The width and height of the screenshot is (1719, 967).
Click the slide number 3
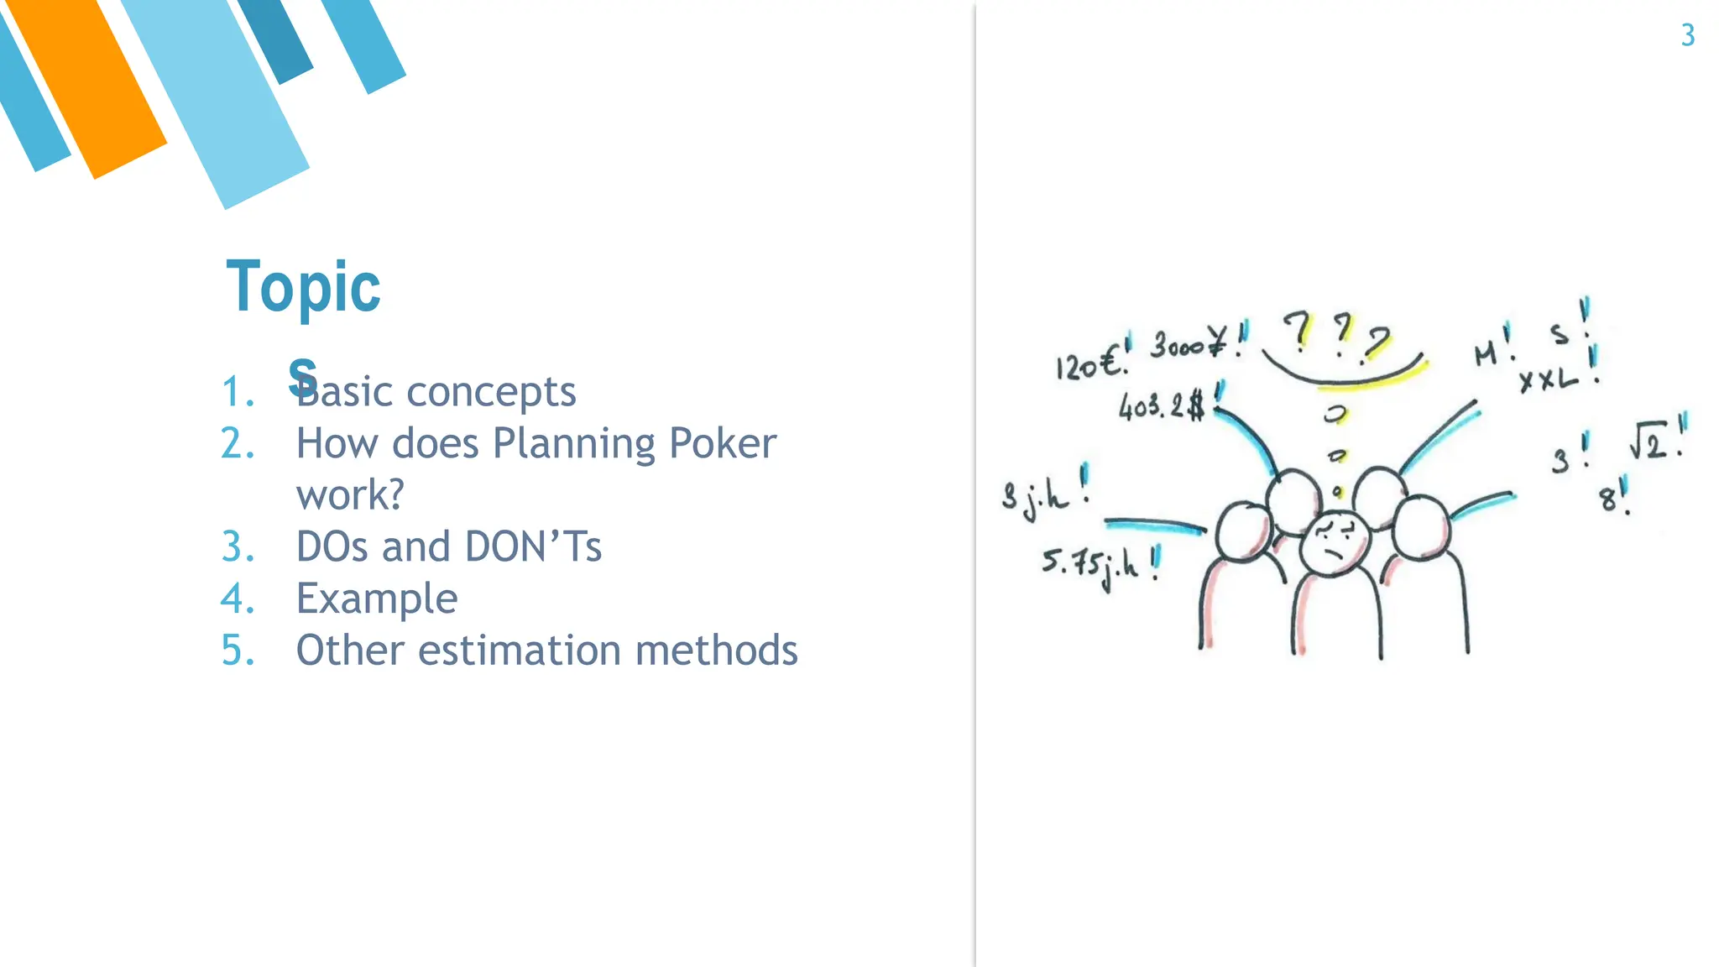[x=1687, y=35]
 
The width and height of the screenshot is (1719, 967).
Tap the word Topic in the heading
[x=303, y=288]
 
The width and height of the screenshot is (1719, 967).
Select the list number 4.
[x=238, y=598]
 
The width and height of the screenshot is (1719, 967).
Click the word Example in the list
[x=377, y=598]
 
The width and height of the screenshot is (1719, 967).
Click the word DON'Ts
[x=533, y=546]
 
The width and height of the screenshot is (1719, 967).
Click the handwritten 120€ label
[x=1089, y=363]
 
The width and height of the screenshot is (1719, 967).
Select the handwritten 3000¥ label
[x=1188, y=343]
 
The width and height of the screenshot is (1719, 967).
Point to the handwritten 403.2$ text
[x=1162, y=407]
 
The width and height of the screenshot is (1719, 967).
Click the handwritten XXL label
[x=1549, y=380]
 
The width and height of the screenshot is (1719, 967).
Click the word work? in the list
[x=350, y=495]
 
